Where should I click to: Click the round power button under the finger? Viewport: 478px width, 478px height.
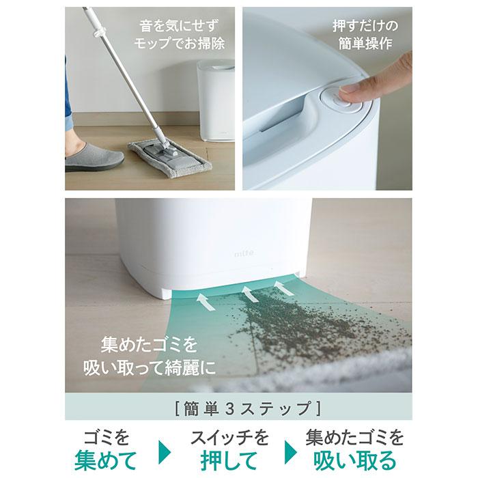click(341, 100)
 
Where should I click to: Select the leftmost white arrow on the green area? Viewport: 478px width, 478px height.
click(206, 302)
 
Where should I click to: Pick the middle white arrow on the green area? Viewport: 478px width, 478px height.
click(250, 294)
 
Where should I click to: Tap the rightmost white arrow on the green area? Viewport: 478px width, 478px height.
click(283, 288)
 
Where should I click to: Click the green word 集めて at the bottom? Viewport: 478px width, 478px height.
click(105, 460)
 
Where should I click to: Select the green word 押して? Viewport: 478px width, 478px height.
click(229, 460)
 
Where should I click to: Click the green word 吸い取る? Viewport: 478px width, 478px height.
click(354, 460)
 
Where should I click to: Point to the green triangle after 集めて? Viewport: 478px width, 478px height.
click(165, 452)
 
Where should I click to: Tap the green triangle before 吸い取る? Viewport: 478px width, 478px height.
click(290, 452)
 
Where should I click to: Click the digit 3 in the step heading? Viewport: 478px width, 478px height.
click(231, 408)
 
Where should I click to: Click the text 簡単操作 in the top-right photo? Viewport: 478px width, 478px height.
click(365, 43)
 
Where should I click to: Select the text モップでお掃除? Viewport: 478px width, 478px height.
click(179, 43)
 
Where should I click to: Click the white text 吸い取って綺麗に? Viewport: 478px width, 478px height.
click(150, 368)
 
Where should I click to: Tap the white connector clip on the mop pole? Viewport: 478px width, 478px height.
click(100, 31)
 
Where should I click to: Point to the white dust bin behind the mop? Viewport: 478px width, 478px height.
click(216, 100)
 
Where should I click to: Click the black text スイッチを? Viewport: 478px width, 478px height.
click(229, 437)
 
